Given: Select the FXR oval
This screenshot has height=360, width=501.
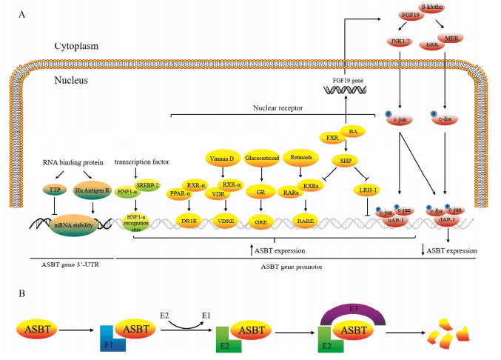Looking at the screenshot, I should pyautogui.click(x=332, y=137).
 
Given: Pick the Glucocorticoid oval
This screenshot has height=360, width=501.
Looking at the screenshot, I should pyautogui.click(x=260, y=159).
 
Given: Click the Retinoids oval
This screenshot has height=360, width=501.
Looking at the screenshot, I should pyautogui.click(x=301, y=159).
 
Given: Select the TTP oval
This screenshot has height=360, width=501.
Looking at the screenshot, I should pyautogui.click(x=54, y=190).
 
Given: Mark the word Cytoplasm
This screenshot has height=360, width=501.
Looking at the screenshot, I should pyautogui.click(x=76, y=47).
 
